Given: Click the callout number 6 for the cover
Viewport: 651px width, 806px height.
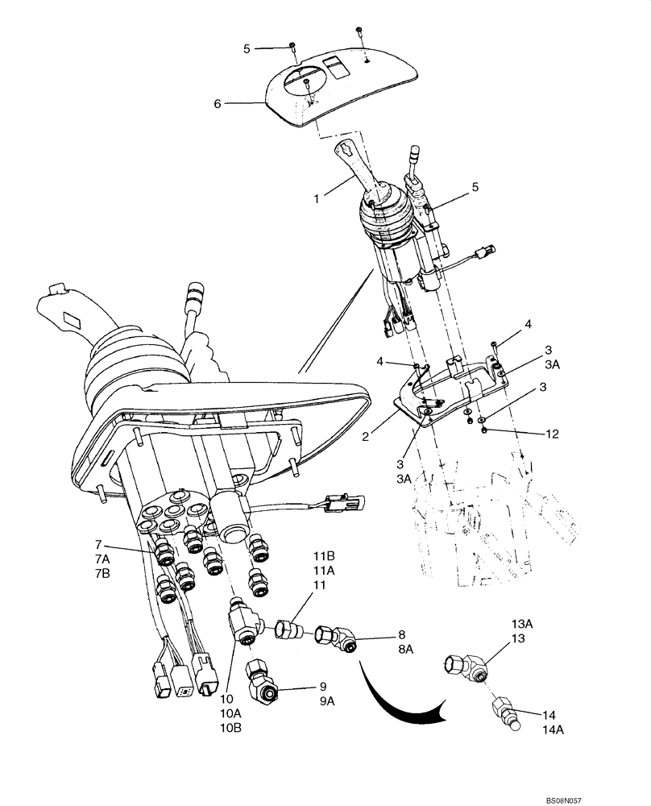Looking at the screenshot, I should [217, 103].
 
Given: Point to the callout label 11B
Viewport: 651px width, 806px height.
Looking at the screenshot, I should [323, 556].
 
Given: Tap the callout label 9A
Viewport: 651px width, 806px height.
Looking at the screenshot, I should [325, 700].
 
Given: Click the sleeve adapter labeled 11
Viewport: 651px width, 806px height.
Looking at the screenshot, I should [289, 628].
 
